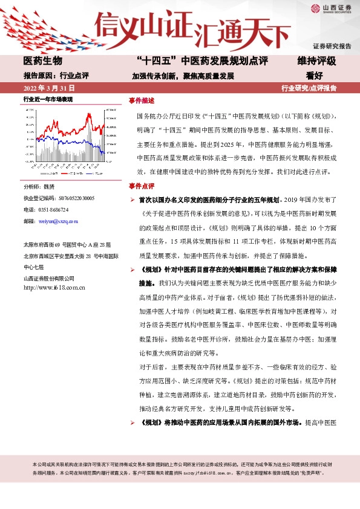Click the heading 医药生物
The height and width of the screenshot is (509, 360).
42,61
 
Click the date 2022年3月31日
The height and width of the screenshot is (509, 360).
48,88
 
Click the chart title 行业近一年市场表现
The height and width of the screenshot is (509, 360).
48,99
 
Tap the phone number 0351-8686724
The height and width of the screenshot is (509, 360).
54,210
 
